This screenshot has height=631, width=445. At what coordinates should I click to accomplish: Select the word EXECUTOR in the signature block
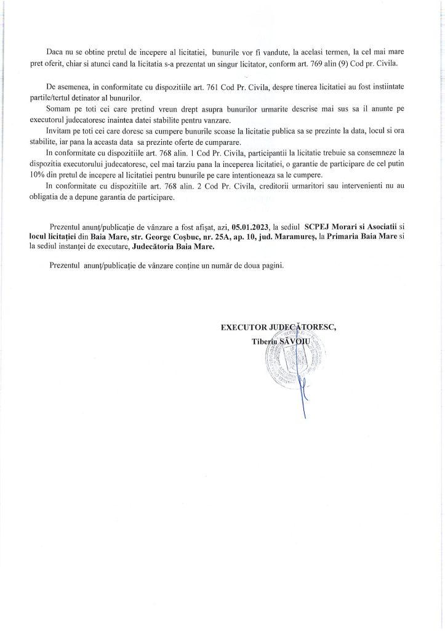click(x=244, y=327)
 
